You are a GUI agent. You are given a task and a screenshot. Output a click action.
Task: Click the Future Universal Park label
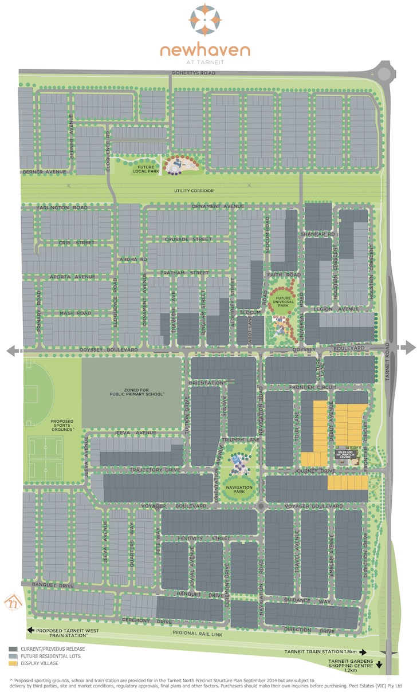point(282,302)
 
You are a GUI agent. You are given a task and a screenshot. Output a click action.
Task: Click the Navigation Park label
point(239,490)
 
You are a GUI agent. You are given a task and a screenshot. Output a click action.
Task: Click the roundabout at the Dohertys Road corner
point(384,73)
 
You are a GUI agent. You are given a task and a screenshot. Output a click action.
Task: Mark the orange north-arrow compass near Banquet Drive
point(13,601)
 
